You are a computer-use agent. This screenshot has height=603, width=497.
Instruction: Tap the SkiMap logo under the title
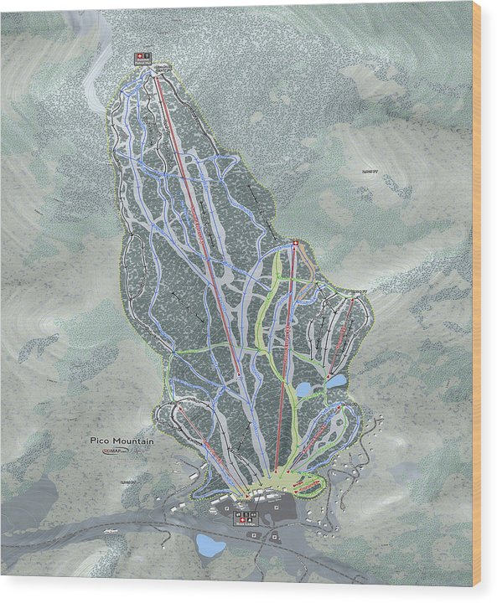point(114,451)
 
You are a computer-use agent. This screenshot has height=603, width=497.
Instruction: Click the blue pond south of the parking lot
point(210,546)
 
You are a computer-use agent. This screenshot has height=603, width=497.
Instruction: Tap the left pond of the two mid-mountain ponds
point(303,389)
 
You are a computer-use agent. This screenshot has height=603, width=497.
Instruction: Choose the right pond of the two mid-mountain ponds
point(337,381)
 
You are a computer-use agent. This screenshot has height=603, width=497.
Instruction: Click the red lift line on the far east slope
point(342,335)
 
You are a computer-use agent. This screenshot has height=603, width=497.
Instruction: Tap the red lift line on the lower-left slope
point(201,452)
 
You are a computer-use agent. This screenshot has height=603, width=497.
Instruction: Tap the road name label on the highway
point(107,530)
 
